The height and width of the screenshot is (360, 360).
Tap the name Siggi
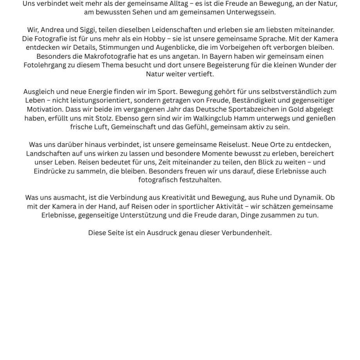[86, 30]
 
